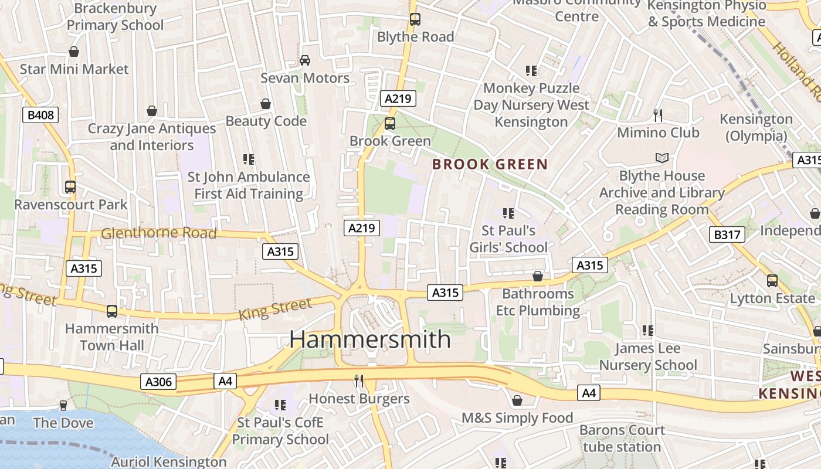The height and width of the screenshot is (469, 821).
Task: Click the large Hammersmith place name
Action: [x=370, y=339]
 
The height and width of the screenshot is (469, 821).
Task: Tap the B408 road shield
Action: [x=41, y=115]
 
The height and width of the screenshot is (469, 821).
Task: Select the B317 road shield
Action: [x=727, y=235]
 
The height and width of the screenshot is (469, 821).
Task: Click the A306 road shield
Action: [x=158, y=382]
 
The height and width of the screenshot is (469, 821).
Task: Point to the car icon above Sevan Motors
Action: [x=305, y=60]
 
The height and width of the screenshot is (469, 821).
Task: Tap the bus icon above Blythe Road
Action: [x=415, y=19]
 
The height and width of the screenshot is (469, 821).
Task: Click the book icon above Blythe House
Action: [x=661, y=158]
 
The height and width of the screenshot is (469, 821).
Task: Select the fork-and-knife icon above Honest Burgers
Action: [x=359, y=382]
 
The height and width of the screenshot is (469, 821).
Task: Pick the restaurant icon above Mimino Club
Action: [x=658, y=115]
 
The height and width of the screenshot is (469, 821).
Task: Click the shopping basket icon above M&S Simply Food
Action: [x=517, y=400]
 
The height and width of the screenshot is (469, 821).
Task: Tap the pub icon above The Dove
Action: [x=63, y=406]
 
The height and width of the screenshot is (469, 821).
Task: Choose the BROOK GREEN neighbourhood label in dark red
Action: [x=490, y=164]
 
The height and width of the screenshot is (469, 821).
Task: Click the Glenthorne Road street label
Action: [x=158, y=233]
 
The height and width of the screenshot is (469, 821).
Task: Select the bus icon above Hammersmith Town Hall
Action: [x=111, y=311]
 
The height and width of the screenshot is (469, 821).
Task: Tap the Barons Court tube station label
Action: [x=622, y=439]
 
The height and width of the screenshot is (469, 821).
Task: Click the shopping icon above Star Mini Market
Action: [x=74, y=52]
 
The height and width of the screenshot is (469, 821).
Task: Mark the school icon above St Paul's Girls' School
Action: [x=508, y=213]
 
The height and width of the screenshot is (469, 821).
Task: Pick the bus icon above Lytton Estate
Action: [x=772, y=281]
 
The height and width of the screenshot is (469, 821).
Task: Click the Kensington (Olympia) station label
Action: [x=756, y=127]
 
